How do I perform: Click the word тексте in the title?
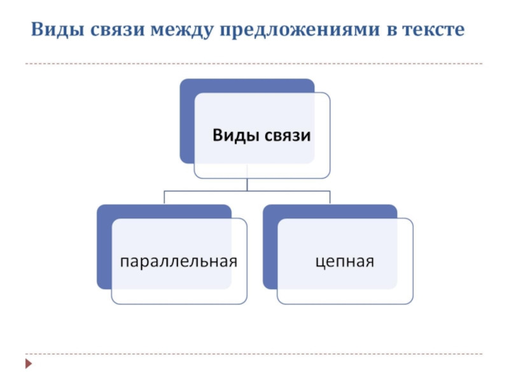point(434,31)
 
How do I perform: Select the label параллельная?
point(179,261)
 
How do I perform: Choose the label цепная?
point(344,261)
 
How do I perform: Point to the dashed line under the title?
point(254,64)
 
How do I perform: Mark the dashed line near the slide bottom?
point(254,354)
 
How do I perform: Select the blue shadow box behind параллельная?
point(104,248)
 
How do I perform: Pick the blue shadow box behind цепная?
point(270,248)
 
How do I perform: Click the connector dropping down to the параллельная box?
point(164,197)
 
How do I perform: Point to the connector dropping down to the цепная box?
point(330,197)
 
